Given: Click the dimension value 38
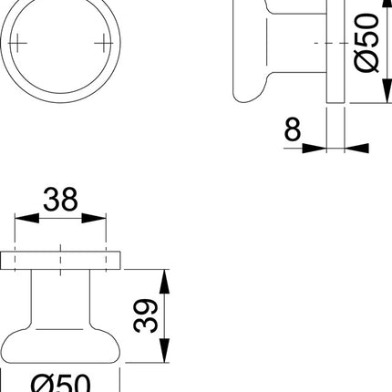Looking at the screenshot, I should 61,198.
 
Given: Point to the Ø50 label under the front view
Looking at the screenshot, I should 61,383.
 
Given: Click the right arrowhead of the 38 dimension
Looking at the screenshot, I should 99,219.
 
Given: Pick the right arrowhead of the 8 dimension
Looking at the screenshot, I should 351,146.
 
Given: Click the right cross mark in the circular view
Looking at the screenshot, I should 100,43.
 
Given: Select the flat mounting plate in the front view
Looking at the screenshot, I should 61,259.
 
